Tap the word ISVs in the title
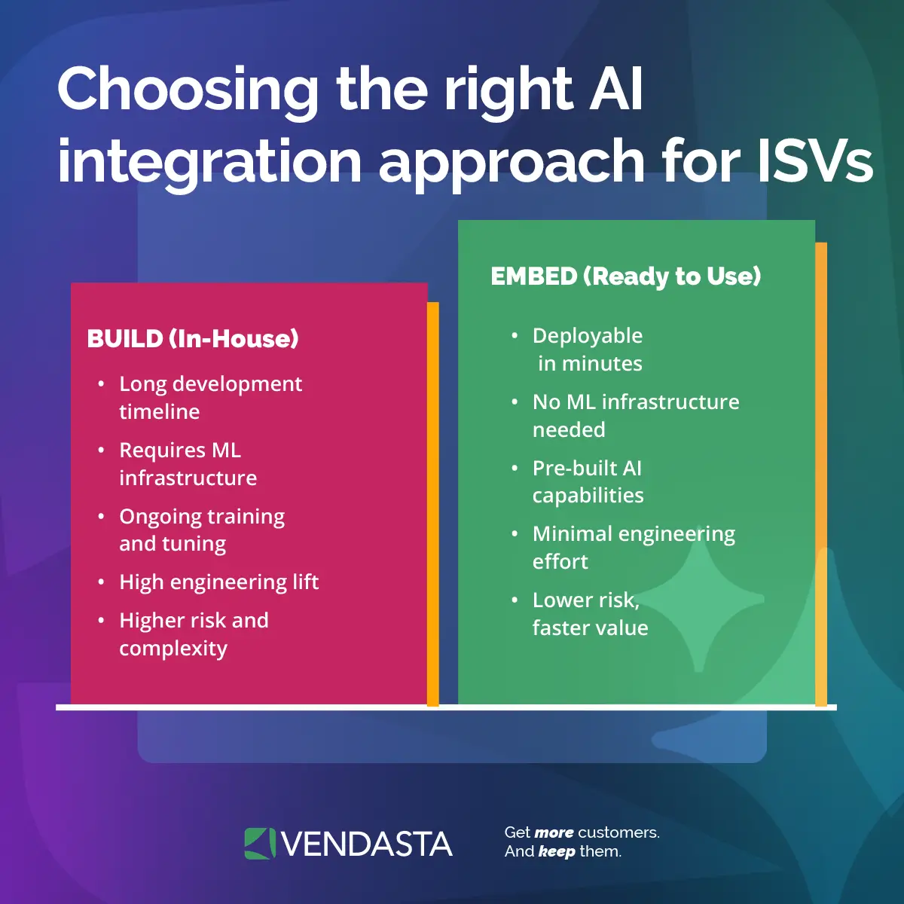815,161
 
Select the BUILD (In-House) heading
193,339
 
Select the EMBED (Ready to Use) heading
625,276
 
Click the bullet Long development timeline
210,398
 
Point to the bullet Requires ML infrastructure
188,464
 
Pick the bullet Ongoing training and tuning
201,530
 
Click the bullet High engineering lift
218,582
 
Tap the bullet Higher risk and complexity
194,634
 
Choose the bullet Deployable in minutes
588,350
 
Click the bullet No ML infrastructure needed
635,416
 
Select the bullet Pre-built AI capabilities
588,481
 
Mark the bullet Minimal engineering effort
633,548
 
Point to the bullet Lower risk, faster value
590,614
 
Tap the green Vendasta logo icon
260,844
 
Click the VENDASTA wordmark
367,844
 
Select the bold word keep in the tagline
557,852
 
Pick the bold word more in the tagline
554,833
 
